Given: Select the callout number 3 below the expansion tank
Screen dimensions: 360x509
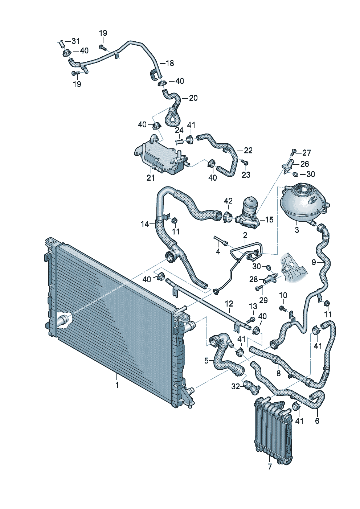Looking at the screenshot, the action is (297, 230).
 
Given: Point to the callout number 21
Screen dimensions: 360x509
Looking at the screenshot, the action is (151, 178).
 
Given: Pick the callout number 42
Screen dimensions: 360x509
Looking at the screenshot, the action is (228, 201).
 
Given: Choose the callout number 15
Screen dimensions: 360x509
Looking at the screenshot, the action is (269, 219).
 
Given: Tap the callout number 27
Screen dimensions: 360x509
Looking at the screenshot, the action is (306, 153).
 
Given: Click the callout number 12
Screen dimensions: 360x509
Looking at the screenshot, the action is (229, 304).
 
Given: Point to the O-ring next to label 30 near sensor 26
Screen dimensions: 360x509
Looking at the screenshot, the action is (295, 174).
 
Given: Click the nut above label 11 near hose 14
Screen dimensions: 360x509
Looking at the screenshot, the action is (175, 220).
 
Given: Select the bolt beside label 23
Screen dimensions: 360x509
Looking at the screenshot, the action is (245, 162).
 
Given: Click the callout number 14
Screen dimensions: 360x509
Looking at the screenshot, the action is (145, 224).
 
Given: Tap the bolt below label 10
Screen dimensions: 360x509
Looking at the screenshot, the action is (283, 308).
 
